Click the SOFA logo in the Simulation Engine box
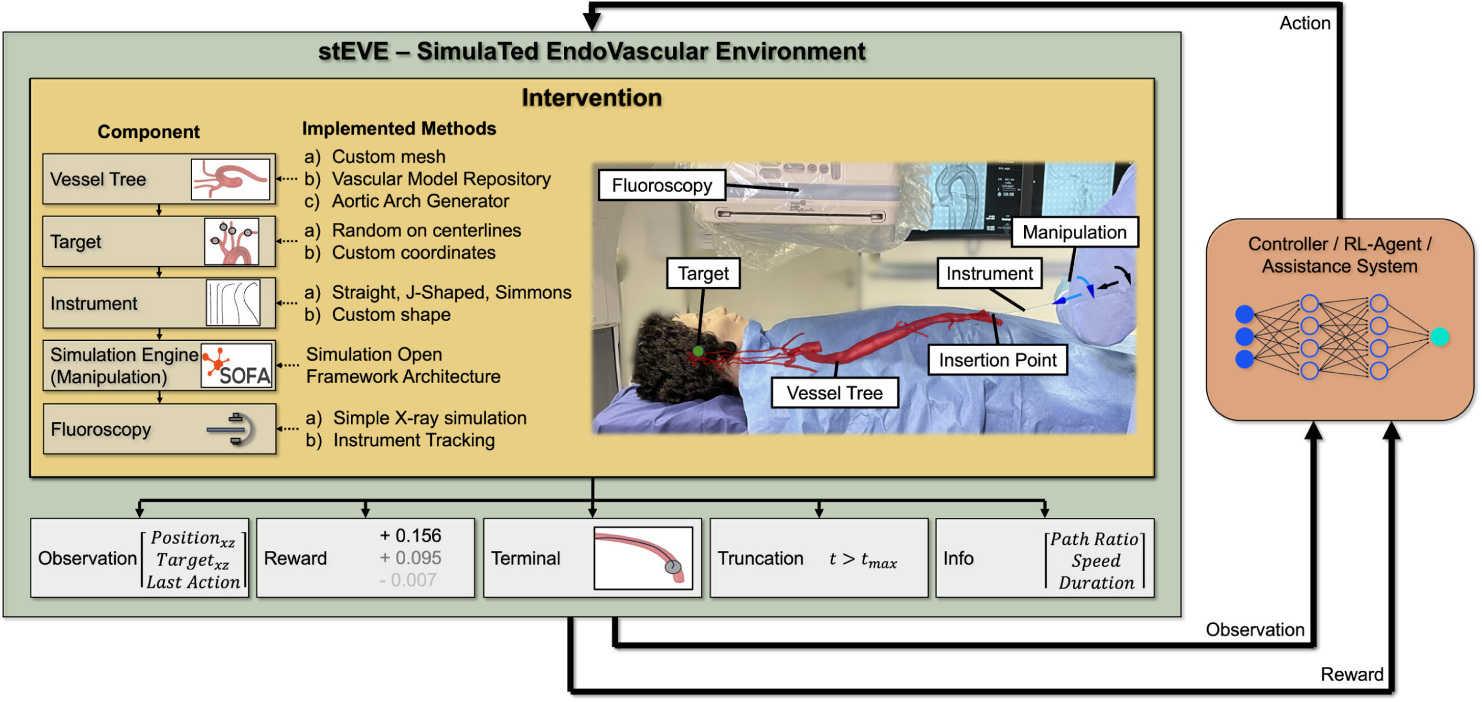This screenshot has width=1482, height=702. (237, 365)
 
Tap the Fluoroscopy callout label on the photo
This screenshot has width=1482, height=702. (662, 185)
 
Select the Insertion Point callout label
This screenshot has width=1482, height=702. (997, 360)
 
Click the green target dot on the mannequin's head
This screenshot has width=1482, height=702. (698, 351)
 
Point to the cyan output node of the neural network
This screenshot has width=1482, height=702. (1439, 336)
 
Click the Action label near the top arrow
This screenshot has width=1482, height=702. (1305, 23)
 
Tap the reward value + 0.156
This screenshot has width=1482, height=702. (410, 535)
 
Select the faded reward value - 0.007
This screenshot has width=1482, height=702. (408, 580)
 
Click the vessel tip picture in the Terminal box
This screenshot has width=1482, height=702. (643, 558)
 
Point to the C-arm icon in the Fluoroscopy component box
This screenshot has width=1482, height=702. (231, 429)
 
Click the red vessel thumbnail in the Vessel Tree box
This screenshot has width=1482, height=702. (230, 180)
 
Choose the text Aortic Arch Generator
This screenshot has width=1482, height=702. (420, 201)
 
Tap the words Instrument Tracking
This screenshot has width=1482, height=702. (414, 440)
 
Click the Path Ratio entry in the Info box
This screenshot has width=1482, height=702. (1094, 539)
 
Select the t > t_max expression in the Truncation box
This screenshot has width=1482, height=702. (863, 559)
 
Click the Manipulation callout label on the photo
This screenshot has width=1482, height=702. (1074, 232)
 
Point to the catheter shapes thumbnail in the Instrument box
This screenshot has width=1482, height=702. (233, 303)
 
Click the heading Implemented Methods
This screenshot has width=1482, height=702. (399, 128)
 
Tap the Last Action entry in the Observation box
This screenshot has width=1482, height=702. (193, 582)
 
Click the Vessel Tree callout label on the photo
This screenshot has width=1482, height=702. (834, 393)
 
